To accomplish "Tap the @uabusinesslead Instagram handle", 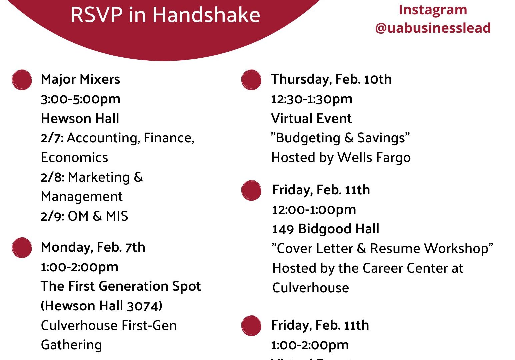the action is [433, 28].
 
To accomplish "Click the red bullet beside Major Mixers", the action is [22, 80].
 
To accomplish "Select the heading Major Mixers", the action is [80, 79].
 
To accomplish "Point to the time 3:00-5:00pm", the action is [80, 100].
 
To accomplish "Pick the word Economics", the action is [74, 157].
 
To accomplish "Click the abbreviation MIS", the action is [117, 216].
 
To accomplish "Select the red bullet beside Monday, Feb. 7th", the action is [22, 248].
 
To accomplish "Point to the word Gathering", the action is [71, 345].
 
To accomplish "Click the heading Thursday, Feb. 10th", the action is [331, 79].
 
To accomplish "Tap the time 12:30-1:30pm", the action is [312, 100].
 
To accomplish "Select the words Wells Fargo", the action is [374, 158].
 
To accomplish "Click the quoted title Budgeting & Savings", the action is [340, 138].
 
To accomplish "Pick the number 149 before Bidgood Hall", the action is [283, 229].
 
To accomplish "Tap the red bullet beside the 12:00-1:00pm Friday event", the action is [251, 190].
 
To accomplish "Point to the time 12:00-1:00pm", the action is [314, 210].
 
